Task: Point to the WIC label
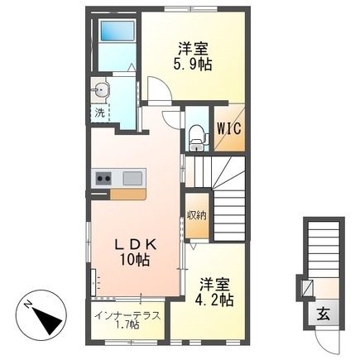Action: click(228, 128)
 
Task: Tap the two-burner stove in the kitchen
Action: click(104, 176)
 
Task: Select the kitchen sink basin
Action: click(132, 176)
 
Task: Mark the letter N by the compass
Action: click(28, 306)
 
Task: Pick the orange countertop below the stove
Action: click(126, 194)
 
